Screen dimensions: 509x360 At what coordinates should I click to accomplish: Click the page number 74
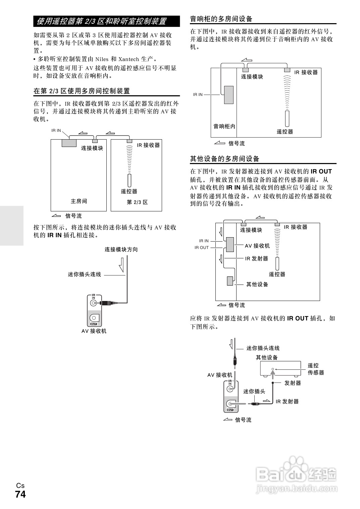click(x=20, y=495)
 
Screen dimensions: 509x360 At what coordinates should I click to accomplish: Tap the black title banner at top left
click(x=106, y=21)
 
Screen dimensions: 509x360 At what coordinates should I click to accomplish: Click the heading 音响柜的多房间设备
click(x=221, y=19)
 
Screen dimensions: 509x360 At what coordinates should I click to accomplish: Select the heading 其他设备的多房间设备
click(x=225, y=159)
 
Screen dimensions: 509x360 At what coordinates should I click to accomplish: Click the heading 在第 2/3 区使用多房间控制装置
click(x=82, y=91)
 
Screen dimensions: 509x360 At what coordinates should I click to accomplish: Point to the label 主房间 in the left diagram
click(x=79, y=201)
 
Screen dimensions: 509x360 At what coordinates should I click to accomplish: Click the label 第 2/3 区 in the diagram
click(x=137, y=202)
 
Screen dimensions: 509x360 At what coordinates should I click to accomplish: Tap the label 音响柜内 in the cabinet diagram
click(x=224, y=126)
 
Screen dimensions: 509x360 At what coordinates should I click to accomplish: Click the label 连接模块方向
click(x=121, y=249)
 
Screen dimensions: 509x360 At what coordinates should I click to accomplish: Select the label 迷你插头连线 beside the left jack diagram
click(x=85, y=274)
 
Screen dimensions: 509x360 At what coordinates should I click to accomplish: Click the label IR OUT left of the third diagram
click(x=202, y=248)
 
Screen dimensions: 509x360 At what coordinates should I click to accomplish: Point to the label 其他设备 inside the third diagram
click(x=257, y=284)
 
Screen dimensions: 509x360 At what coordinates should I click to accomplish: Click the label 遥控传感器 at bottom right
click(x=316, y=369)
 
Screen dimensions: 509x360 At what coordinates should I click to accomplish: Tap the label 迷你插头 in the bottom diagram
click(x=254, y=391)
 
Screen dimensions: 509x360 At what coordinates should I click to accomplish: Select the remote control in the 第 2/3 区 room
click(x=129, y=181)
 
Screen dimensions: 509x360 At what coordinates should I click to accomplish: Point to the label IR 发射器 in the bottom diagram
click(x=287, y=401)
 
